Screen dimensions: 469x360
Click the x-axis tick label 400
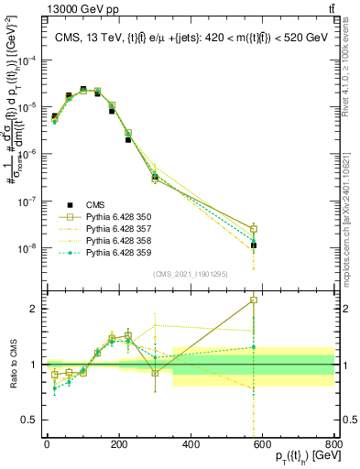point(191,443)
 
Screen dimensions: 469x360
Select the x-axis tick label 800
point(333,443)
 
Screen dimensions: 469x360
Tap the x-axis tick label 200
point(118,443)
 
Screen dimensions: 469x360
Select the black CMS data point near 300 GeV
point(155,176)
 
